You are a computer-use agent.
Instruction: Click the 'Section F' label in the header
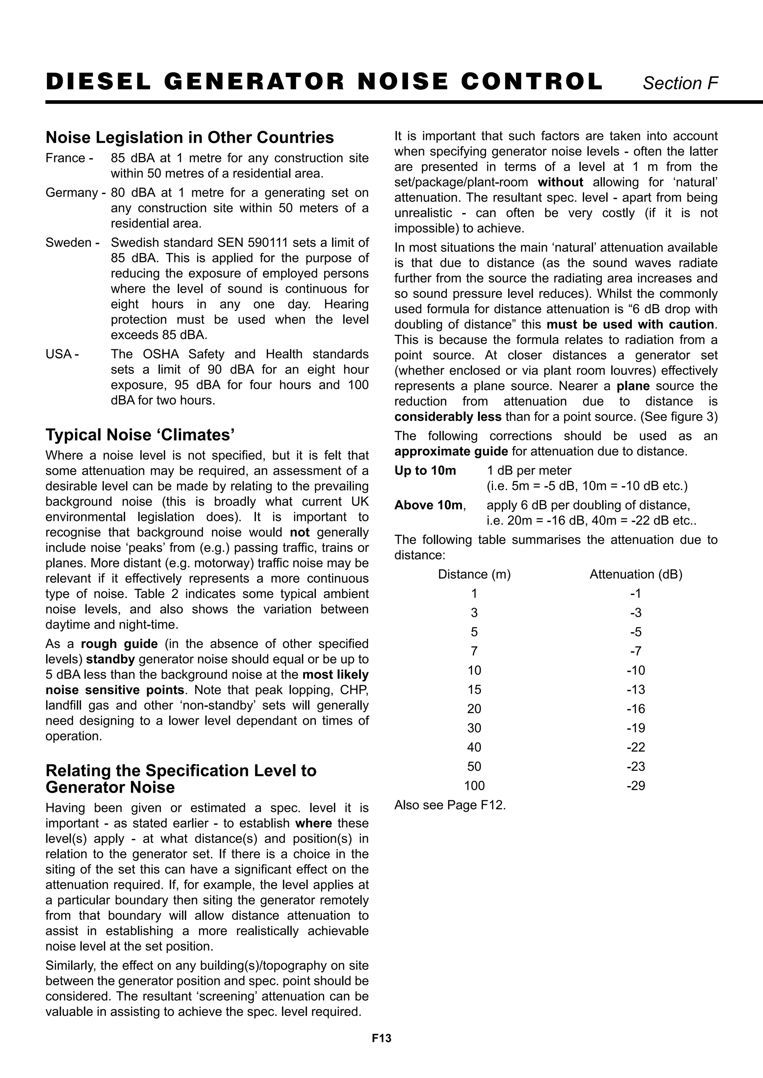click(680, 83)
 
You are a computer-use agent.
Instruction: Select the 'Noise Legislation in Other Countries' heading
click(189, 137)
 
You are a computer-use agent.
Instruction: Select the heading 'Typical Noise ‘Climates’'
click(140, 435)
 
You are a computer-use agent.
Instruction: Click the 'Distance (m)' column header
click(474, 574)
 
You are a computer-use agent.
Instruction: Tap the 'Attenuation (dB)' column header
click(636, 574)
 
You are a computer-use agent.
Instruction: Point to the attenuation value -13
click(636, 690)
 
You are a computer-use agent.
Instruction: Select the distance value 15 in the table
click(474, 690)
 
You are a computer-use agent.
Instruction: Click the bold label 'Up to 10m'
click(425, 470)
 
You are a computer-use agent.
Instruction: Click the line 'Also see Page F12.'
click(450, 805)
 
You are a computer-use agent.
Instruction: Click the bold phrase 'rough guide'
click(119, 644)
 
